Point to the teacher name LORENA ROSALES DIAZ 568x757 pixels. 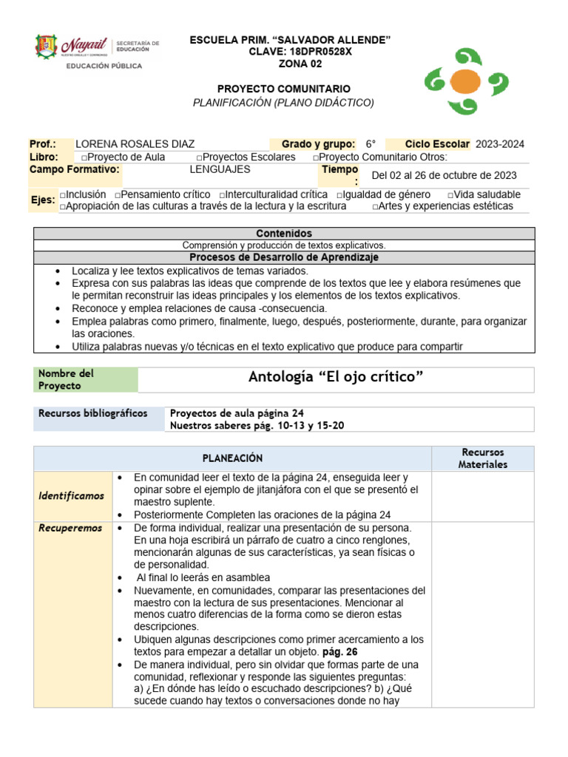tap(135, 144)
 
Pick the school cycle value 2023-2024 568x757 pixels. tap(500, 144)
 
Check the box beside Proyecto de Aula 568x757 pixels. tap(84, 157)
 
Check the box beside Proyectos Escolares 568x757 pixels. tap(200, 157)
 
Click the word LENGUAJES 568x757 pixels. tap(220, 169)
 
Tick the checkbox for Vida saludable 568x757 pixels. tap(451, 194)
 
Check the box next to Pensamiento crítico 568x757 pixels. tap(118, 194)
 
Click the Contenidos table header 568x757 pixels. tap(283, 233)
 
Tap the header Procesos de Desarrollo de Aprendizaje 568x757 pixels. tap(283, 257)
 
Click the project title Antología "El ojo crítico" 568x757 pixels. tap(336, 378)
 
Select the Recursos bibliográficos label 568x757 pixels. tap(93, 413)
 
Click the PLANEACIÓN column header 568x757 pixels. tap(233, 458)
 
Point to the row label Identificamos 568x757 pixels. tap(71, 496)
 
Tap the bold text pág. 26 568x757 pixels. tap(339, 652)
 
